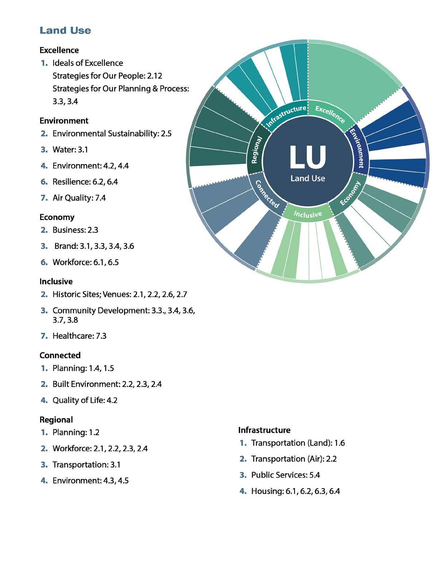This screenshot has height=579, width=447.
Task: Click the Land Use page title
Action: click(x=65, y=30)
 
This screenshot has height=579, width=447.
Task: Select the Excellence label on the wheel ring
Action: click(x=330, y=114)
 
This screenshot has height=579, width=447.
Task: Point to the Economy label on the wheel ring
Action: click(x=350, y=194)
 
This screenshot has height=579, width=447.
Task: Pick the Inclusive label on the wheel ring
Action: click(x=308, y=214)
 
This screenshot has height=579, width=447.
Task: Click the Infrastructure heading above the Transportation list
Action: click(x=264, y=430)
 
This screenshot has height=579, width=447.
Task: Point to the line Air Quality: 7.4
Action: click(x=79, y=198)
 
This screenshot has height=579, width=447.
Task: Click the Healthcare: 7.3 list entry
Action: click(x=79, y=336)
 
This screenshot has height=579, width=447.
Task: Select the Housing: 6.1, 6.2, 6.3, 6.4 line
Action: click(x=295, y=491)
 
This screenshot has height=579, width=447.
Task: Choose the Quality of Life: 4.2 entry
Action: click(x=85, y=400)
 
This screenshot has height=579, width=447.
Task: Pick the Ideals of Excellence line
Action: click(x=88, y=63)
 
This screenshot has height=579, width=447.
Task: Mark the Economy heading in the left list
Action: click(x=57, y=217)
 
